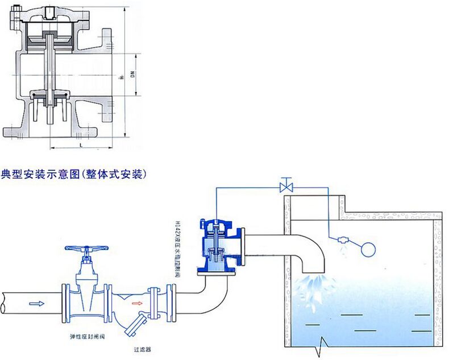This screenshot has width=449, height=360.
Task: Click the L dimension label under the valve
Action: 83,146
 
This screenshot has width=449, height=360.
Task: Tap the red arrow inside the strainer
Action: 137,303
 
